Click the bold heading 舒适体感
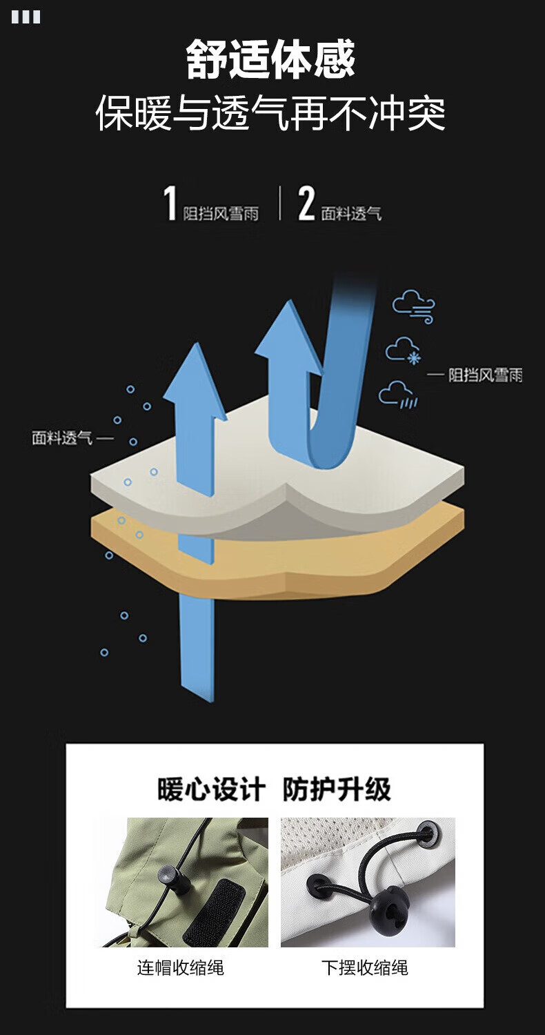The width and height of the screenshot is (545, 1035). pyautogui.click(x=270, y=59)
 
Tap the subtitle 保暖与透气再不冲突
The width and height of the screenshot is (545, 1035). pyautogui.click(x=270, y=113)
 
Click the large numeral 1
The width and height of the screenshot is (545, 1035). pyautogui.click(x=170, y=204)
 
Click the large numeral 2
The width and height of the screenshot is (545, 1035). pyautogui.click(x=306, y=204)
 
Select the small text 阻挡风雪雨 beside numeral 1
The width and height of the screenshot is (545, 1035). pyautogui.click(x=221, y=214)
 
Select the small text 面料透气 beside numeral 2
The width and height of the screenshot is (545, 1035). pyautogui.click(x=351, y=214)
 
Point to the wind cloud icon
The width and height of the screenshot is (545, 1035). pyautogui.click(x=414, y=306)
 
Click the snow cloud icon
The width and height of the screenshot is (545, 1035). pyautogui.click(x=404, y=351)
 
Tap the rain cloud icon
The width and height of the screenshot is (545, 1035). pyautogui.click(x=398, y=395)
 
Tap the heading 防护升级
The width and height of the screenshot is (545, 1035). pyautogui.click(x=337, y=789)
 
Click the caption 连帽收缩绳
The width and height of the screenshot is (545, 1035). pyautogui.click(x=181, y=967)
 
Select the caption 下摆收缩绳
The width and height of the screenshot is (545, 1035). pyautogui.click(x=365, y=967)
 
